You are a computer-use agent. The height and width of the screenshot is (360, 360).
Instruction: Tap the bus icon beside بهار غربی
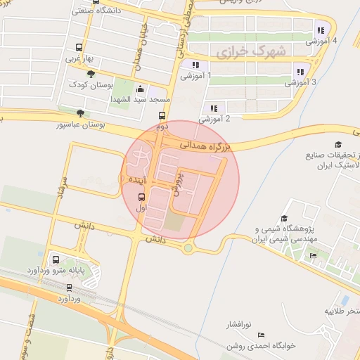pos(77,49)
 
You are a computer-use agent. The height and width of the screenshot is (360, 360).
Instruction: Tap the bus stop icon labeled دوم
pos(162,116)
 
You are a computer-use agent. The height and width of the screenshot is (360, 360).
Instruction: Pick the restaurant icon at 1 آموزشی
pos(195,65)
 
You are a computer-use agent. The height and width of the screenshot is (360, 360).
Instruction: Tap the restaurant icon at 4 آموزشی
pos(321,30)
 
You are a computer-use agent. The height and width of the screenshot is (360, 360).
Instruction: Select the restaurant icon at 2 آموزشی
pos(213,108)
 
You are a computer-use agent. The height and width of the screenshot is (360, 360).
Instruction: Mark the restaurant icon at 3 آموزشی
pos(300,71)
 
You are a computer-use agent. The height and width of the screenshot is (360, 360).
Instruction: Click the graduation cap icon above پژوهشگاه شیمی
pos(284,218)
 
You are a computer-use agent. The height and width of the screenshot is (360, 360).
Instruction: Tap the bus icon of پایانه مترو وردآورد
pos(56,258)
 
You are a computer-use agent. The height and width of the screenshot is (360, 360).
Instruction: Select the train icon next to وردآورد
pos(69,287)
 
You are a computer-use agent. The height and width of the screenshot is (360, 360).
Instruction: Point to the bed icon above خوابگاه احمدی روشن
pos(259,334)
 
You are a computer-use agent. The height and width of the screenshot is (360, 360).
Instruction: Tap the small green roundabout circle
pos(188,247)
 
